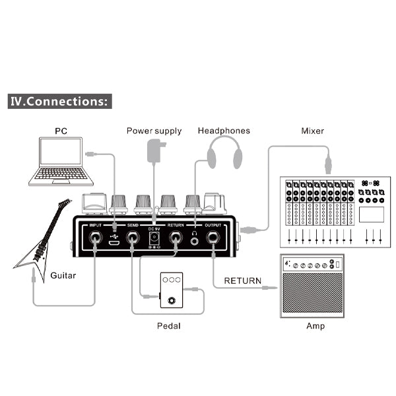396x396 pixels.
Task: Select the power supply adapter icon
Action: [x=155, y=150]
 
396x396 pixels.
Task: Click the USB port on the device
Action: [x=114, y=243]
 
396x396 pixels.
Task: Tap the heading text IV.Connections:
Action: [x=59, y=102]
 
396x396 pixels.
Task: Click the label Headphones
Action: [x=224, y=131]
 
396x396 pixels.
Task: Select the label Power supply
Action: [x=154, y=131]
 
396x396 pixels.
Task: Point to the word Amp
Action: [x=315, y=325]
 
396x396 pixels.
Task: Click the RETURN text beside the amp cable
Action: [x=243, y=280]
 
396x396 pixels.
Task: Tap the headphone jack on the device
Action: [x=195, y=241]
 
